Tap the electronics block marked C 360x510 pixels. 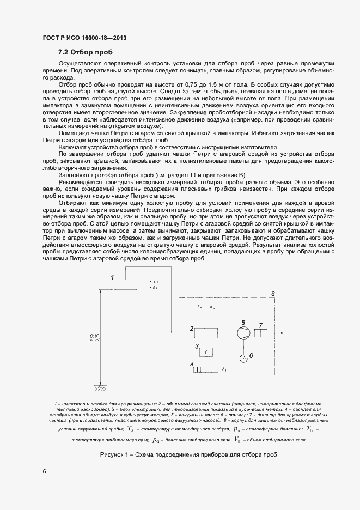(207, 352)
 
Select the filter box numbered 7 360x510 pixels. (262, 333)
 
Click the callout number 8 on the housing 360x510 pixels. (272, 294)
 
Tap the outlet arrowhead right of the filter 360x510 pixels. (282, 333)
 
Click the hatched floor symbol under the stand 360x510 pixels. (100, 387)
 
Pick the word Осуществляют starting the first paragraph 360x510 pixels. (80, 64)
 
